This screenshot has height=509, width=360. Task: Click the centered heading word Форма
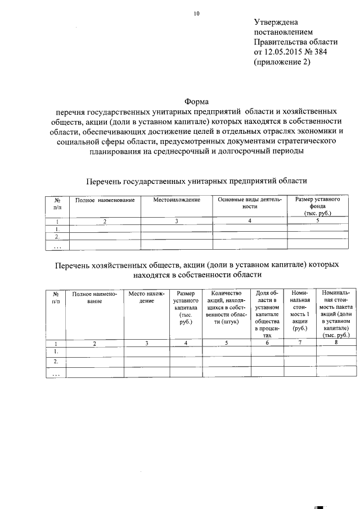click(x=196, y=101)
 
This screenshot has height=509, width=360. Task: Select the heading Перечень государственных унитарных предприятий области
click(x=196, y=181)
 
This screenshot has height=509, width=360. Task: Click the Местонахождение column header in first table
click(x=176, y=201)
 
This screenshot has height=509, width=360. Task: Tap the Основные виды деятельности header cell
click(x=249, y=204)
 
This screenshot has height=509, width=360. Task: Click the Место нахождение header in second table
click(x=147, y=298)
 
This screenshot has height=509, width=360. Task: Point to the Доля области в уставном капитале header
click(x=267, y=312)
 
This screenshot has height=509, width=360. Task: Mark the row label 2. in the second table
click(x=56, y=362)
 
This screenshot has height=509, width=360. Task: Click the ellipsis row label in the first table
click(x=57, y=245)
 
